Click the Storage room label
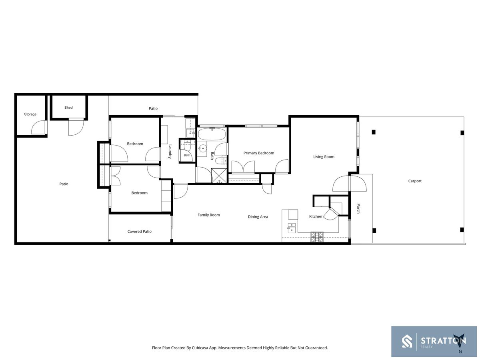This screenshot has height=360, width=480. (30, 114)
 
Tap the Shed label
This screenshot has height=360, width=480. (68, 108)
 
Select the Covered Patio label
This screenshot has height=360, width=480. (140, 232)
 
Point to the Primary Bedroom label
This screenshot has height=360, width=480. (259, 153)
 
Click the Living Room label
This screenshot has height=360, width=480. (324, 157)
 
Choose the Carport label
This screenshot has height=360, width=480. (415, 181)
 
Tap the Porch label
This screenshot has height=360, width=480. (358, 208)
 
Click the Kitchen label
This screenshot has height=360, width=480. (316, 216)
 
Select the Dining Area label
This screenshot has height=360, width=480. (258, 217)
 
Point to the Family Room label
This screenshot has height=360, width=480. (209, 215)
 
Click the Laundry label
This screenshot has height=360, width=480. (170, 151)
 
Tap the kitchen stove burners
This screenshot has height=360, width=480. (317, 237)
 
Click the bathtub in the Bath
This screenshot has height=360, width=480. (212, 134)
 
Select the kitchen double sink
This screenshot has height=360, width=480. (292, 228)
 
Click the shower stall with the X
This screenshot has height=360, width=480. (219, 176)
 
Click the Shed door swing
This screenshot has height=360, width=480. (76, 127)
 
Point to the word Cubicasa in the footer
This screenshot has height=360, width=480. (200, 348)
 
